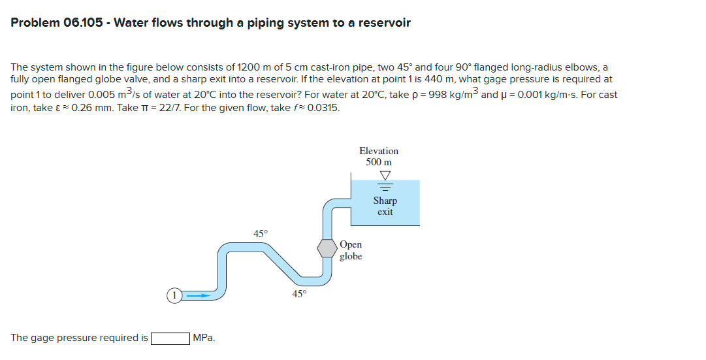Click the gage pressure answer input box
tap(170, 338)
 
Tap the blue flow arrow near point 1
tap(198, 295)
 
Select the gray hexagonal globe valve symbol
tap(327, 248)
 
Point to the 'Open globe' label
tap(351, 250)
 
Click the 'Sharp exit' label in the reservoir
tap(385, 206)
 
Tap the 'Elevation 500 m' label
tap(379, 156)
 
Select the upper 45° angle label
tap(260, 233)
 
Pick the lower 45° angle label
tap(298, 294)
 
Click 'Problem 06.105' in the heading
tap(57, 23)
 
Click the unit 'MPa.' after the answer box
tap(204, 338)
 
